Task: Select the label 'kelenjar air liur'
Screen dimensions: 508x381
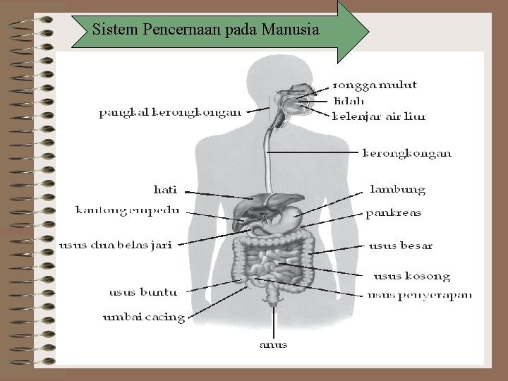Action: click(378, 116)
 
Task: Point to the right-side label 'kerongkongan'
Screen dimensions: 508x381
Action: click(406, 152)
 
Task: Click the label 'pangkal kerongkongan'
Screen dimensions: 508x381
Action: click(169, 111)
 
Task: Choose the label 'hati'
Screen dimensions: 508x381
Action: click(165, 189)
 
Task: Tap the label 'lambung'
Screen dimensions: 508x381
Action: click(398, 189)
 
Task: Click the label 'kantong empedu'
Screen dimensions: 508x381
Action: click(127, 210)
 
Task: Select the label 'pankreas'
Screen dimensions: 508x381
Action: click(393, 212)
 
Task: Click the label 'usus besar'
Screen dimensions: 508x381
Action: click(400, 246)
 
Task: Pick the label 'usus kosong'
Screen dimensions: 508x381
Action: click(411, 276)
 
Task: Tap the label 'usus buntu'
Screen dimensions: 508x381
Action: click(143, 291)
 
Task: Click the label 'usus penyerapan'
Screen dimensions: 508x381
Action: click(419, 294)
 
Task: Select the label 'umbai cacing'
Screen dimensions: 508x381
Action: click(144, 317)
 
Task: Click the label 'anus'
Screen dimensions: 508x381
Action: click(273, 345)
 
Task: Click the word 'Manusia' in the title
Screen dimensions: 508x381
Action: click(289, 30)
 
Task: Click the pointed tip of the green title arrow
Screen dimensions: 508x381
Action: click(368, 30)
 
